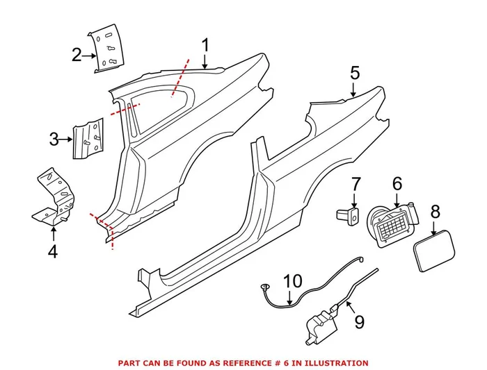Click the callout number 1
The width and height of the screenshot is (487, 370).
[205, 46]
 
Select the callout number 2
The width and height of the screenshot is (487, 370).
[77, 55]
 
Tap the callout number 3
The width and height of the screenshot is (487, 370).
[54, 140]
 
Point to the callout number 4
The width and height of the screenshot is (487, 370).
[53, 251]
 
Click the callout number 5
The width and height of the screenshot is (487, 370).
[354, 73]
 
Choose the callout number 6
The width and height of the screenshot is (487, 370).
[397, 184]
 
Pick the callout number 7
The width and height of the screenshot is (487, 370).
[356, 185]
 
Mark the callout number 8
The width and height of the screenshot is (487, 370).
[436, 212]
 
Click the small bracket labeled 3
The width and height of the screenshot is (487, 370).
[89, 138]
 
